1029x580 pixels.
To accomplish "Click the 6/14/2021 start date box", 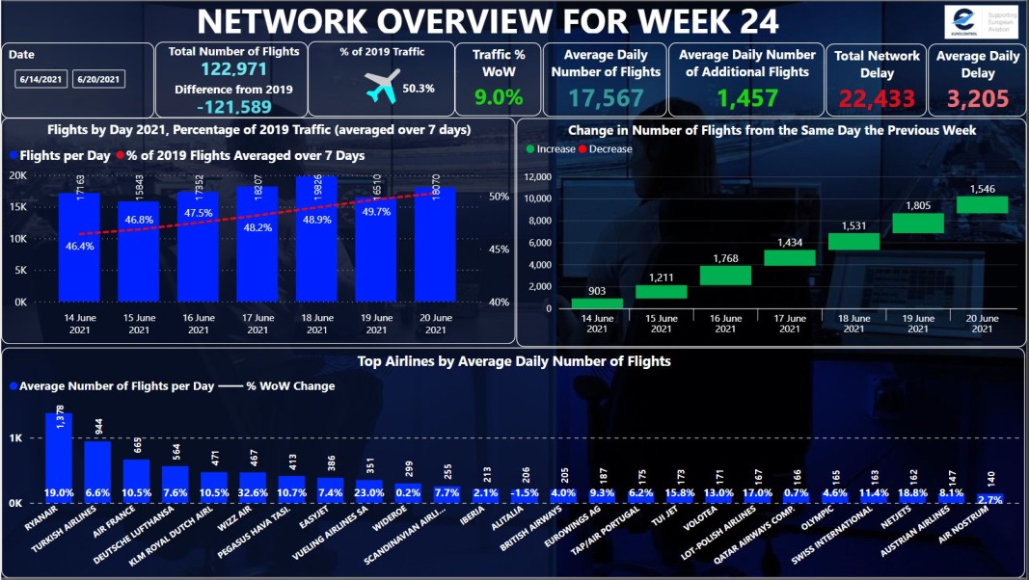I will pos(41,79).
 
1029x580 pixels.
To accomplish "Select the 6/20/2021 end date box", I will pos(98,79).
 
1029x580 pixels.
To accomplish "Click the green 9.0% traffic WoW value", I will pos(498,97).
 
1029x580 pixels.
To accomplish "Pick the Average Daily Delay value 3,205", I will pos(977,97).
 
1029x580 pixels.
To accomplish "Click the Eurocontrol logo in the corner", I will pos(981,21).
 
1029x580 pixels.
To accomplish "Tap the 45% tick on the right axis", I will pos(498,250).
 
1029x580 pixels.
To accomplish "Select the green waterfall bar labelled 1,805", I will pos(917,223).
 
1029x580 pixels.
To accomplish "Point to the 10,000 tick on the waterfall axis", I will pos(536,198).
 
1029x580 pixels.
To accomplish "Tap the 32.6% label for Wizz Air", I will pos(253,493).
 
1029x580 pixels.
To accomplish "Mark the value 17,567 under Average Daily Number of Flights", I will pos(605,97).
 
